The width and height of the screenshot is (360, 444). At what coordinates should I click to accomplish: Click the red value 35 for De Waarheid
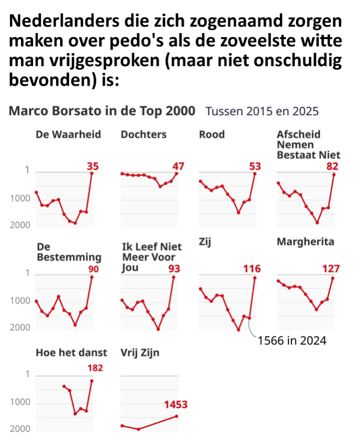92,166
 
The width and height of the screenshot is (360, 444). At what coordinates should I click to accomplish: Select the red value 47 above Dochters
178,166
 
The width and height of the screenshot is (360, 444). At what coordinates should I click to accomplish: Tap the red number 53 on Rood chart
255,166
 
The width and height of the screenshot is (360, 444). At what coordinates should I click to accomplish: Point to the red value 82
332,166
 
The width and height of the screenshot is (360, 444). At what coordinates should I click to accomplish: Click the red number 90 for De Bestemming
93,269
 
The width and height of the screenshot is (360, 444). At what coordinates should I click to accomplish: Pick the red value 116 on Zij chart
252,269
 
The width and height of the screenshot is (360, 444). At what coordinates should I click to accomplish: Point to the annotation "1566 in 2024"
292,341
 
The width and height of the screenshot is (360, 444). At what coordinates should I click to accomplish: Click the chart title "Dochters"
143,134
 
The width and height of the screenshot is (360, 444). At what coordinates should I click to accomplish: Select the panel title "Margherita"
305,242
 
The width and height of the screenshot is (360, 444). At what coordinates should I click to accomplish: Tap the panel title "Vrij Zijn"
140,353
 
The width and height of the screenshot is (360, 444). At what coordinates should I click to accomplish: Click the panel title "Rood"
212,134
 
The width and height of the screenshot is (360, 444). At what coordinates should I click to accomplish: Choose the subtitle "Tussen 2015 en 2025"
262,111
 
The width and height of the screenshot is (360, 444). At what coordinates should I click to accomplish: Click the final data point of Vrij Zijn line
177,416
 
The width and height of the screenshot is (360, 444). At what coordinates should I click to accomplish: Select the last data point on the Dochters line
177,173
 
